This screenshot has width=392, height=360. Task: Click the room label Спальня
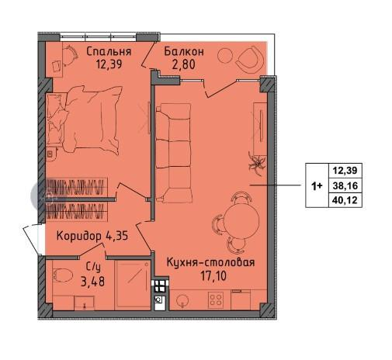click(108, 51)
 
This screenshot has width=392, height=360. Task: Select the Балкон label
click(185, 51)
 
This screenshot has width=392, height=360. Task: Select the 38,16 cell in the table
click(348, 186)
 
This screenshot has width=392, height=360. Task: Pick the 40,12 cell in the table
click(348, 201)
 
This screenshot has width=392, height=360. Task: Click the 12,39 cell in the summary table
click(348, 171)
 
